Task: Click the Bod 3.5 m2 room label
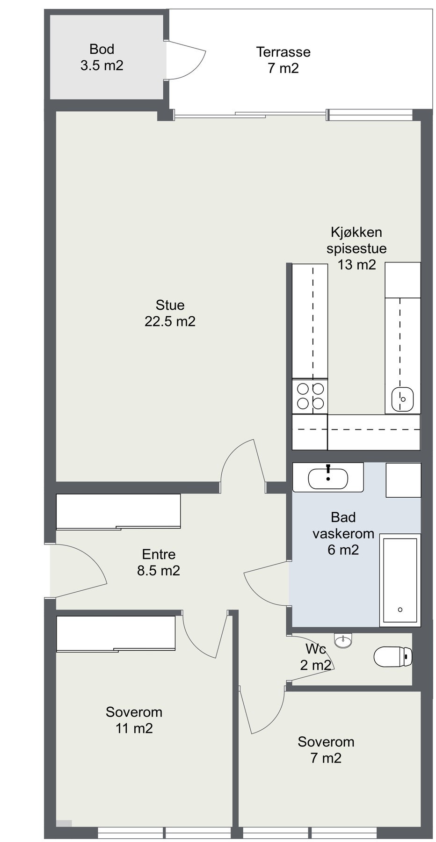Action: [102, 57]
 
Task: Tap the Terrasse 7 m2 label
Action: [283, 60]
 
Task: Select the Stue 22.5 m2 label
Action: [170, 313]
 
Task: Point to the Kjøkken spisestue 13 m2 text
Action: [356, 248]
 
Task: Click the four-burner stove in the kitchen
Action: [310, 396]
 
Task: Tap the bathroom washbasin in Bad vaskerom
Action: [328, 478]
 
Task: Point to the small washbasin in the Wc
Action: [344, 640]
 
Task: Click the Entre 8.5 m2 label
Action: [159, 562]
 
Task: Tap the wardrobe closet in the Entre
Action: [118, 511]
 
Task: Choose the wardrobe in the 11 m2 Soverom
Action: [116, 633]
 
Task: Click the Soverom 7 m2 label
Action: [326, 749]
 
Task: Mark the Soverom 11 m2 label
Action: [134, 720]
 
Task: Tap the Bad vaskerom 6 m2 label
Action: [343, 533]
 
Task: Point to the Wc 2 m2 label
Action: [315, 657]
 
